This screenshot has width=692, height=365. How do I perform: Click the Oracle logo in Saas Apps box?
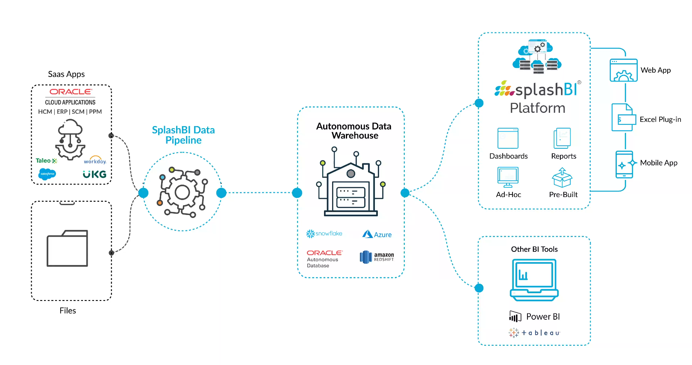coord(71,92)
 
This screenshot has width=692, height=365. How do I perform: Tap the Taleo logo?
coord(46,161)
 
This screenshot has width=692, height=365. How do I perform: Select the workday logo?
coord(95,160)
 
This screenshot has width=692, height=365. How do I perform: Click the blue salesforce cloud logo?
coord(47,174)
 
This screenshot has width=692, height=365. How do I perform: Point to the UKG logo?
coord(94,174)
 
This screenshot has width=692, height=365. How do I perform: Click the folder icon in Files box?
coord(68,248)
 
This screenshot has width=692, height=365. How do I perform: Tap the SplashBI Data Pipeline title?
coord(183,135)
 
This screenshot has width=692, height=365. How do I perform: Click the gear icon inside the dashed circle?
coord(183,192)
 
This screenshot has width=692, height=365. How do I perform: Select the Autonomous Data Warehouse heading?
coord(354,131)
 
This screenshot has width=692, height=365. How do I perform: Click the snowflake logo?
coord(324,234)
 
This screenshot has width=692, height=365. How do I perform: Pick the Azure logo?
coord(377,234)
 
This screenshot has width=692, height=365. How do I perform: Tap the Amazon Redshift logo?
coord(377,257)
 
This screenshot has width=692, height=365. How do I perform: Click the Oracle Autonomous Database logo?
coord(324,259)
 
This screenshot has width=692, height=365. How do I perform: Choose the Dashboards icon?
coord(508,138)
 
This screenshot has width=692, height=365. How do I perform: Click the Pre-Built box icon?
coord(562,178)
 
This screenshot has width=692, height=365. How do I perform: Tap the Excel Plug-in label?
coord(660,120)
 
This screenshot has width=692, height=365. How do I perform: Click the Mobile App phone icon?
coord(624,164)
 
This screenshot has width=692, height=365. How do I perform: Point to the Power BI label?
coord(543,317)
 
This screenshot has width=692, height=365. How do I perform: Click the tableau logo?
coord(534,333)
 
